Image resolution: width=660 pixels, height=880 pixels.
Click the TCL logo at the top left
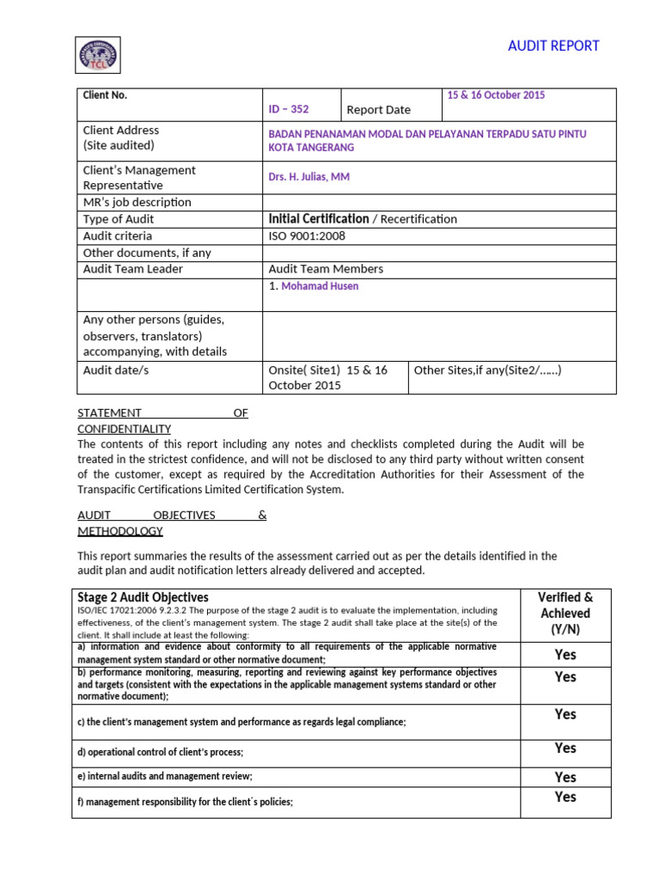tap(98, 55)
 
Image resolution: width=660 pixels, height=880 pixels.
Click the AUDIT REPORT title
tap(553, 46)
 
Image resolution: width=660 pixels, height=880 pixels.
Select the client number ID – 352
tap(288, 109)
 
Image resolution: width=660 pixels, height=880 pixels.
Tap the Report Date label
tap(378, 109)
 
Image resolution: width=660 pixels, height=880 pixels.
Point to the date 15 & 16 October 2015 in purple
tap(496, 95)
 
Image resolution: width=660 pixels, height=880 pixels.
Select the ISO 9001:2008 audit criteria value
tap(307, 235)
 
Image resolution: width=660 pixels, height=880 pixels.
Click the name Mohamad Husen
tap(319, 286)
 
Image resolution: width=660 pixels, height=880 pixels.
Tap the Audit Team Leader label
tap(132, 269)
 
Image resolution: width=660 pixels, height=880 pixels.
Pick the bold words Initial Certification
tap(319, 219)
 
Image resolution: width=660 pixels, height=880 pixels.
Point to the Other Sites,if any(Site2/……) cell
tap(487, 370)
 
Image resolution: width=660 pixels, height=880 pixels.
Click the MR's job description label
tap(137, 203)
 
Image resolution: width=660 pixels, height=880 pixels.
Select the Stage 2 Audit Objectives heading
tap(143, 597)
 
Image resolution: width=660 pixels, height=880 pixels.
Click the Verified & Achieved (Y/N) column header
tap(565, 613)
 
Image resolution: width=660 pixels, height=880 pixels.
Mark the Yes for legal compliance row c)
tap(565, 714)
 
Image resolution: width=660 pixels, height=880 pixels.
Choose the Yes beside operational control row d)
tap(565, 749)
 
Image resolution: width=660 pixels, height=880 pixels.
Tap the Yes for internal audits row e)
tap(565, 777)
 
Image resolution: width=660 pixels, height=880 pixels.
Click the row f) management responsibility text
tap(185, 802)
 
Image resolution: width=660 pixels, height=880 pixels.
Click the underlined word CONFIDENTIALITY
tap(124, 429)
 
